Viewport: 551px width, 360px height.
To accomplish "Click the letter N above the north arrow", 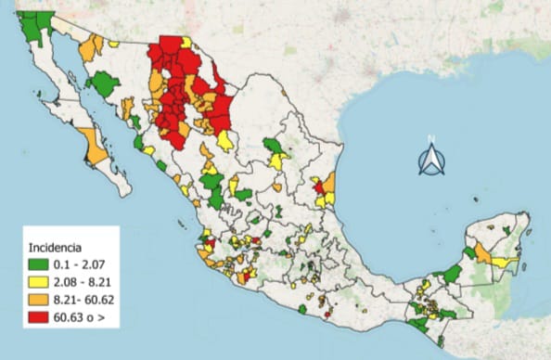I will tap(430, 140).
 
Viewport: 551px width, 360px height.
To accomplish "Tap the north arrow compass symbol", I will tap(430, 161).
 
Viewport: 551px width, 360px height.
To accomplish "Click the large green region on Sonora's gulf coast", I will tap(105, 85).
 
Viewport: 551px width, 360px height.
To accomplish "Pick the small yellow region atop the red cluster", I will tap(186, 42).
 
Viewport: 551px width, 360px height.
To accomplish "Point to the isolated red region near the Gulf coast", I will tap(320, 187).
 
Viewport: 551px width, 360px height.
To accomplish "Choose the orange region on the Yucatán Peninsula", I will tap(482, 252).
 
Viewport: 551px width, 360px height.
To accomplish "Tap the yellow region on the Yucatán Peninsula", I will tap(504, 263).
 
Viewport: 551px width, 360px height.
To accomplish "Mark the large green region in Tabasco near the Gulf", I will tap(452, 274).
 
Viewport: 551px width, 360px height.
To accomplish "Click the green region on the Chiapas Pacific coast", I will tap(419, 325).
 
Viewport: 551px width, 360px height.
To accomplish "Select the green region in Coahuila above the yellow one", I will tap(273, 146).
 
